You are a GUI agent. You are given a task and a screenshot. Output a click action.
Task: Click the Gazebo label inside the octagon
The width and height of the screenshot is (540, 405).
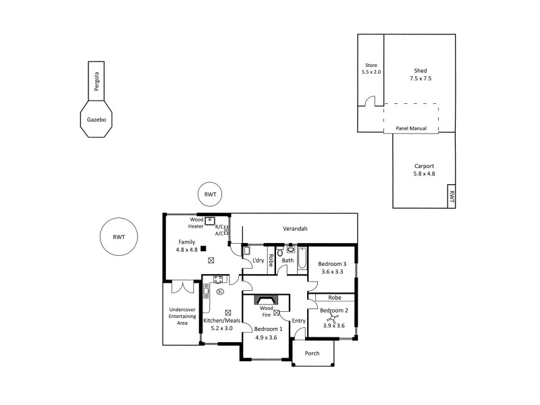click(x=96, y=119)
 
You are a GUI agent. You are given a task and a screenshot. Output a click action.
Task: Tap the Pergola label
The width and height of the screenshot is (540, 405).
click(x=97, y=82)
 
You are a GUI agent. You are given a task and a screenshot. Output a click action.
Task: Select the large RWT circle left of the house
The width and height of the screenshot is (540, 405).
click(x=119, y=237)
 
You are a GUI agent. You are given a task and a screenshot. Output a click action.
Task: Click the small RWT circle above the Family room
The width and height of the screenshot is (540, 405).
click(x=210, y=194)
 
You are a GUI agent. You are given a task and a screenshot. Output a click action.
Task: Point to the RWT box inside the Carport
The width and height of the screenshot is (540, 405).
click(x=452, y=198)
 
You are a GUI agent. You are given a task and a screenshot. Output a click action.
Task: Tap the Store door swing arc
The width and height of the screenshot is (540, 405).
click(x=369, y=101)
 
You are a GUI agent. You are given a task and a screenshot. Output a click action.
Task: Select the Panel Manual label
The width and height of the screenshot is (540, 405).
click(x=410, y=128)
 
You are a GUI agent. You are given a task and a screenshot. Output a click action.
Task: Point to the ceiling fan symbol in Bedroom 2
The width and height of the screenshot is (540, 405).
click(x=332, y=315)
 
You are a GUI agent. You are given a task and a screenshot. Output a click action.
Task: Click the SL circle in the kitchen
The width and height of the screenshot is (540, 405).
click(x=219, y=292)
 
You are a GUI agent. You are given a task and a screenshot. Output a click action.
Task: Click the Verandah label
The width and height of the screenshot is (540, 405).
click(x=294, y=229)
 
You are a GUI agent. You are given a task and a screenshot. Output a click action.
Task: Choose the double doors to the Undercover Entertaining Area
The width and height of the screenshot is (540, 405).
click(x=182, y=287)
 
